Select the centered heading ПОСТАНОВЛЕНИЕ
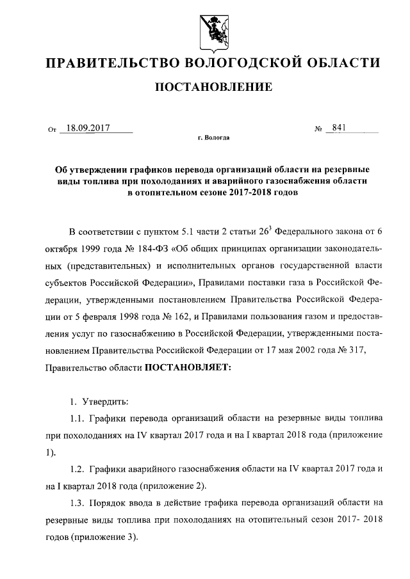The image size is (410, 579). [x=205, y=86]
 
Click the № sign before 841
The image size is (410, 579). [x=318, y=129]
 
